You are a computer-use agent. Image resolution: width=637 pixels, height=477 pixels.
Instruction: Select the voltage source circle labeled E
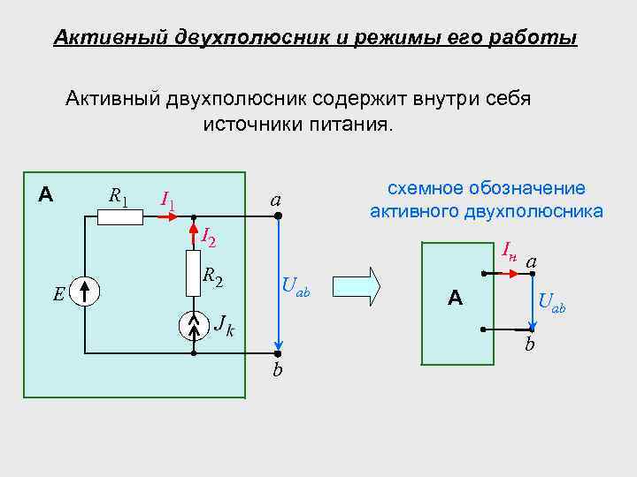tap(86, 291)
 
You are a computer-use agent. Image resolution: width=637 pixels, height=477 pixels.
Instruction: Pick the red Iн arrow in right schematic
tap(508, 275)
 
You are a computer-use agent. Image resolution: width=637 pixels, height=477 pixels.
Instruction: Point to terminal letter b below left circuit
tap(277, 370)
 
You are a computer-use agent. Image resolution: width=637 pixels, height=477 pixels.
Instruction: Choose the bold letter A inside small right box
tap(456, 299)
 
